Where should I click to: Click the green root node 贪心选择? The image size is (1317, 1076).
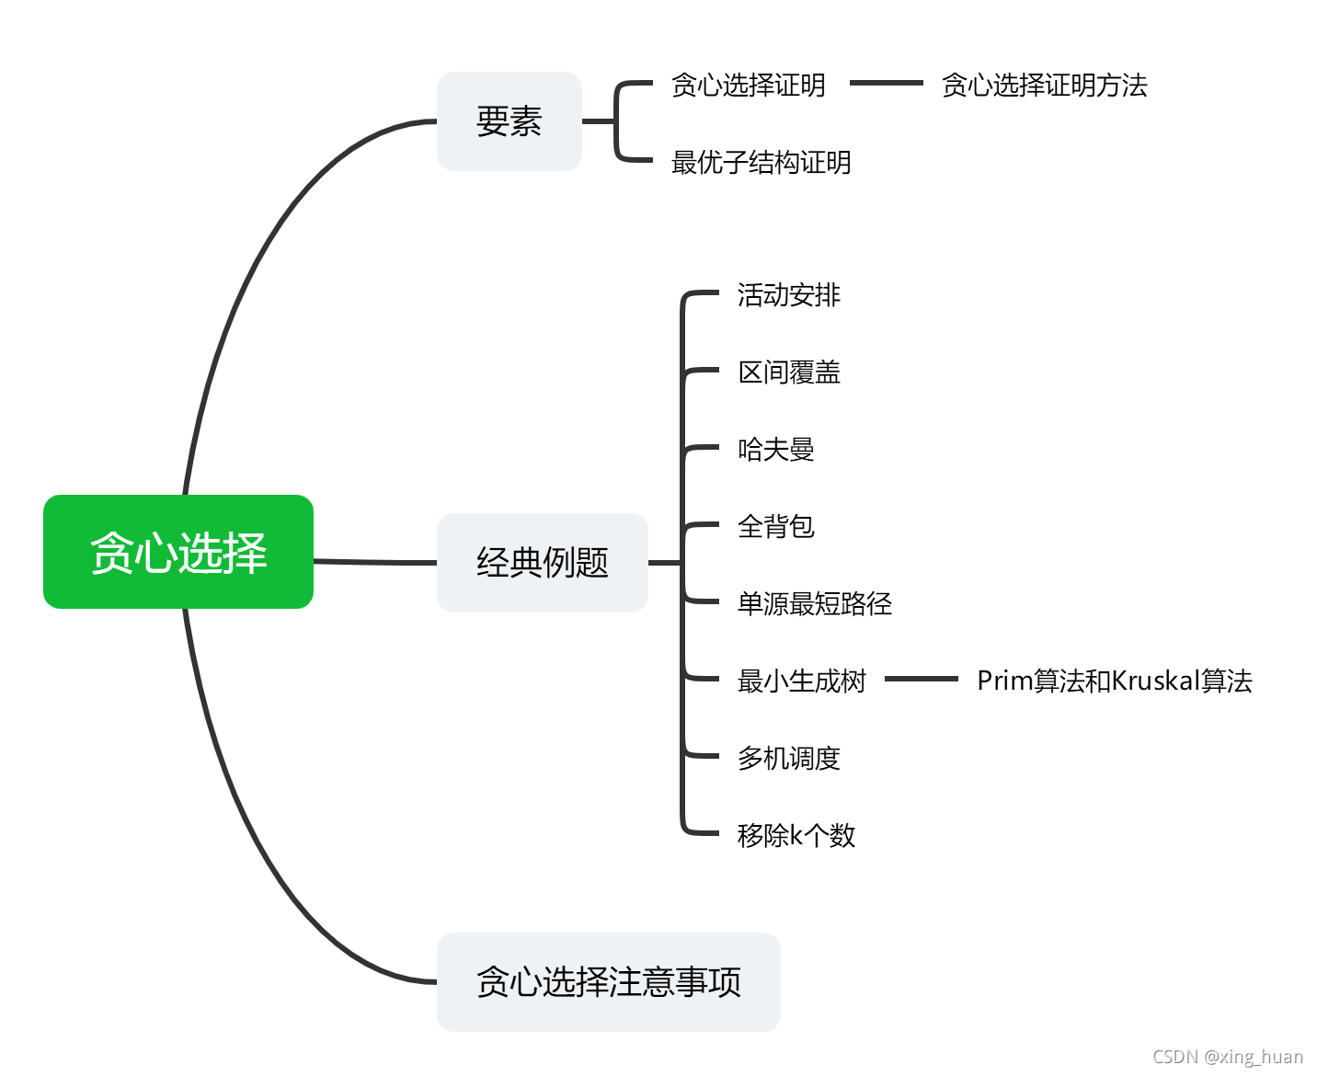tap(178, 552)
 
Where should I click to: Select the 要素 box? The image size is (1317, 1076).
tap(509, 121)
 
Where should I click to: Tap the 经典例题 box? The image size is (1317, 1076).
tap(542, 562)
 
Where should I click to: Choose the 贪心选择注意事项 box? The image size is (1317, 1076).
tap(608, 981)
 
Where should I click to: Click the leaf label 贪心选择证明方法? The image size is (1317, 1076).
tap(1044, 86)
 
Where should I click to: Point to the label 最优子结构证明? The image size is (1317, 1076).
tap(761, 163)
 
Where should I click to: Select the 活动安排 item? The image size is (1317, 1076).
tap(788, 295)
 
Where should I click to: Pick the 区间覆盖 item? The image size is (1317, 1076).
tap(788, 372)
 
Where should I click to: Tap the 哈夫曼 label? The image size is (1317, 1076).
tap(775, 450)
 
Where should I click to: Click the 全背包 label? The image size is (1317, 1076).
tap(775, 527)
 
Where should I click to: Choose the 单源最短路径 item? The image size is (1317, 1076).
tap(814, 604)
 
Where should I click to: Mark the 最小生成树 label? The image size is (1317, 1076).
tap(801, 681)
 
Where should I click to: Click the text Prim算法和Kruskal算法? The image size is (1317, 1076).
tap(1114, 681)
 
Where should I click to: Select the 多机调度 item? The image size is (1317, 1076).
tap(788, 759)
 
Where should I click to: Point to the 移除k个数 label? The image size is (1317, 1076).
tap(796, 836)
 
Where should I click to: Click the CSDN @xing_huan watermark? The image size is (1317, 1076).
tap(1227, 1057)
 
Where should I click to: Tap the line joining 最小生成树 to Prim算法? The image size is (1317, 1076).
tap(921, 680)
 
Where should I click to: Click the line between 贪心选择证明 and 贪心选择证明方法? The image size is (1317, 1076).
tap(885, 83)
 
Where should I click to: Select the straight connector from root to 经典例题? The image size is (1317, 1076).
tap(374, 562)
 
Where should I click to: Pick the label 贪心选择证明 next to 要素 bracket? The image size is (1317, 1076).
tap(748, 86)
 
